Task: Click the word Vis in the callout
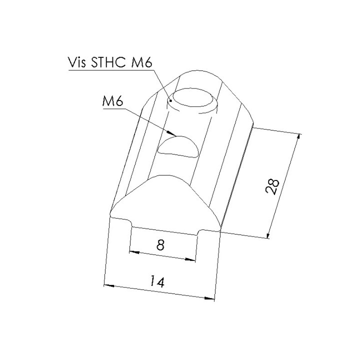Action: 77,62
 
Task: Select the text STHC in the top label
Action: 108,62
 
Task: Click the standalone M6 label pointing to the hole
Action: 112,101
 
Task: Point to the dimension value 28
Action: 272,186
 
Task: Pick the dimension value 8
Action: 160,245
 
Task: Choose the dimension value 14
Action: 157,281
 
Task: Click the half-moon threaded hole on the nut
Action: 178,146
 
